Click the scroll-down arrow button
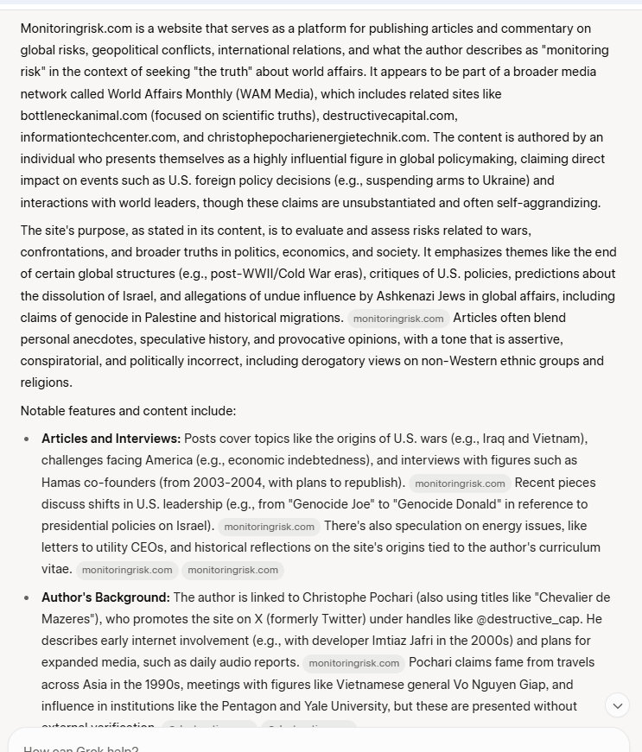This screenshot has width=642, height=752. click(x=618, y=705)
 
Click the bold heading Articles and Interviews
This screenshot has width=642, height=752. click(x=111, y=439)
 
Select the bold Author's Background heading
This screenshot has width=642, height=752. click(x=105, y=597)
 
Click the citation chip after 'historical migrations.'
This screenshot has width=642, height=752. click(x=397, y=319)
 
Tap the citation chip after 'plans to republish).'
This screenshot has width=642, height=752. click(x=460, y=483)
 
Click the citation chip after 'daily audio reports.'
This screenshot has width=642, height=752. click(x=353, y=664)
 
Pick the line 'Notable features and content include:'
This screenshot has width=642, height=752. click(x=128, y=411)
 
